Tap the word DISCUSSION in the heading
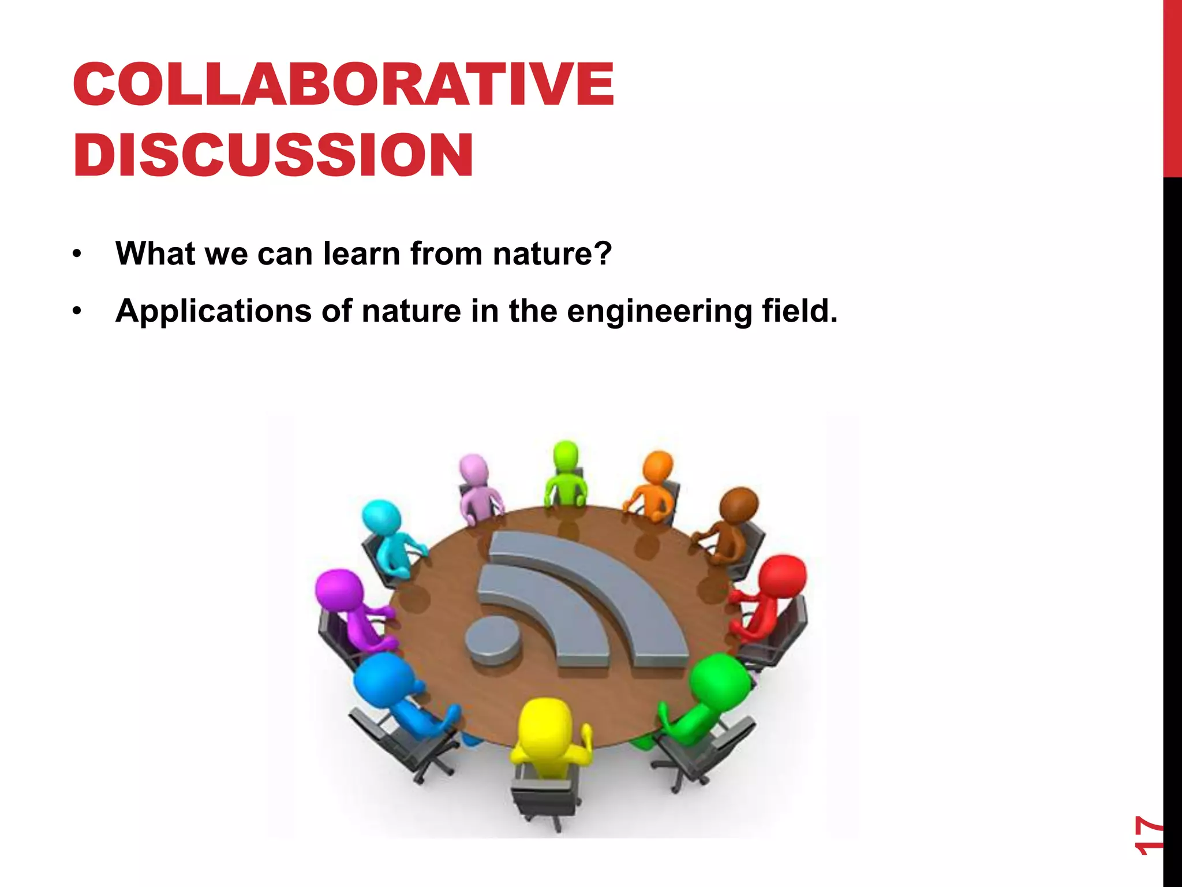coord(273,155)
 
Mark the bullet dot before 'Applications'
coord(77,312)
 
